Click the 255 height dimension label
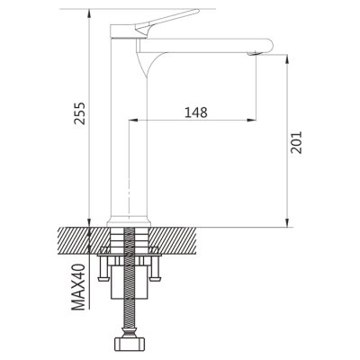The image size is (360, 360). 80,113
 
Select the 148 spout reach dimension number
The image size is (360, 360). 196,112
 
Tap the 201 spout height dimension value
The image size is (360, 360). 296,142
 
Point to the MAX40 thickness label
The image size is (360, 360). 78,287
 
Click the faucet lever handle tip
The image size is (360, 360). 197,11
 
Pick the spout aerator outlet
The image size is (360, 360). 254,54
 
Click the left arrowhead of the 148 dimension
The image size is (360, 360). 132,121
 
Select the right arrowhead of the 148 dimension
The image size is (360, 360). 253,121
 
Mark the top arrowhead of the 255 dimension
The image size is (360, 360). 89,13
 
